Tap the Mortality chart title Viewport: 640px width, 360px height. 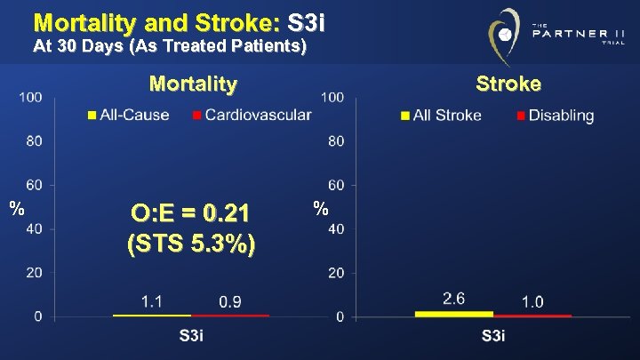[193, 84]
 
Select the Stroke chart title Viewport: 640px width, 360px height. [508, 84]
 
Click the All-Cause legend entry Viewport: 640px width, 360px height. [128, 116]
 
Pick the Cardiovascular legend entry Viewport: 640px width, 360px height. [252, 116]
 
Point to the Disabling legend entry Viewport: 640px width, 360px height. [555, 116]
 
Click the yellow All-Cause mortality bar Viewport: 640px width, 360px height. [152, 315]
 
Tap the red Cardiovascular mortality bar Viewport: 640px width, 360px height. [230, 315]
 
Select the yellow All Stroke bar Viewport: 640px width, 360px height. [454, 314]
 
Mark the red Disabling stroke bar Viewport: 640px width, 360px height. [532, 315]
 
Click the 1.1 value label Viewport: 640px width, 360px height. [152, 302]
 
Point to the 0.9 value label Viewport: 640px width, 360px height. [230, 302]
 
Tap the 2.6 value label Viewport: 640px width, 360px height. [454, 299]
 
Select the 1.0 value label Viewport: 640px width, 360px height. [532, 302]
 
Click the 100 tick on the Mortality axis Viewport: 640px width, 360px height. [30, 96]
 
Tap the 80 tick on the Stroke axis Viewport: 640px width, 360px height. [336, 140]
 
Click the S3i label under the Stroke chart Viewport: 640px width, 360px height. [493, 336]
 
